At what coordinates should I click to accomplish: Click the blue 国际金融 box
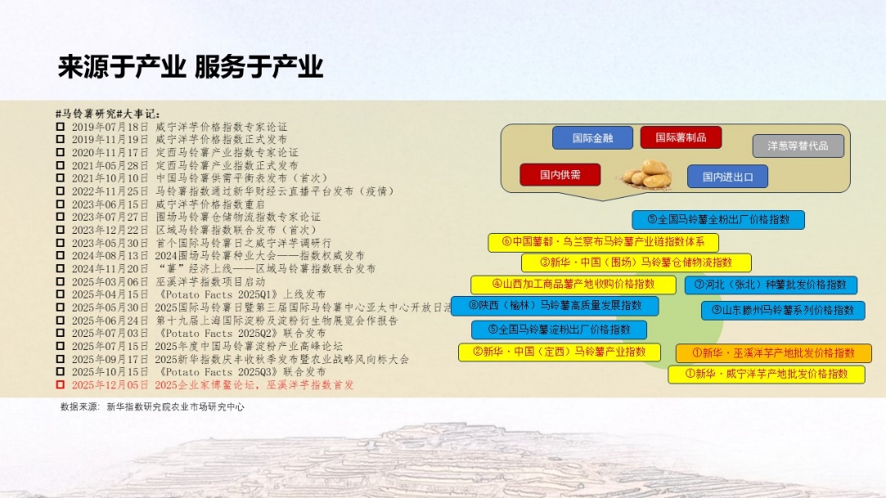click(x=592, y=137)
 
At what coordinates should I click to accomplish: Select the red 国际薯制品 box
click(x=681, y=137)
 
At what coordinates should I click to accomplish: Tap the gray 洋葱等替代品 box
click(x=798, y=146)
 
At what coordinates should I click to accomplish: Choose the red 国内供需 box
click(x=560, y=174)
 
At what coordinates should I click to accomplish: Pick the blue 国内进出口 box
click(x=727, y=177)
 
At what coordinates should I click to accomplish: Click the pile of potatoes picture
click(x=645, y=174)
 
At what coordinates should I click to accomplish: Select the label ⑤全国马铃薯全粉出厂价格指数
click(x=718, y=220)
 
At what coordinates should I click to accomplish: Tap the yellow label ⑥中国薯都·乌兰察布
click(x=604, y=242)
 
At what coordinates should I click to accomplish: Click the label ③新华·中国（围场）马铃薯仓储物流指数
click(x=636, y=262)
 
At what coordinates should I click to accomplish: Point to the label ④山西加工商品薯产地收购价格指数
click(x=573, y=285)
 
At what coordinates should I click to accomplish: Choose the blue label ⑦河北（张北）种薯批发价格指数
click(x=771, y=285)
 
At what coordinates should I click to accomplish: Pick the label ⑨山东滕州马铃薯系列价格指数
click(x=783, y=310)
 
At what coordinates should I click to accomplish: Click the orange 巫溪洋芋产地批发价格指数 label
click(x=774, y=353)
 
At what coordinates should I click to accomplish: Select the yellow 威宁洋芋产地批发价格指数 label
click(x=767, y=375)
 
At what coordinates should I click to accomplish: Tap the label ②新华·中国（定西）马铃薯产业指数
click(x=560, y=352)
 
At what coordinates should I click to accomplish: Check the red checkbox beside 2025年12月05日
click(x=60, y=384)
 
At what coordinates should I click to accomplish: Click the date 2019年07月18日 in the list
click(x=110, y=127)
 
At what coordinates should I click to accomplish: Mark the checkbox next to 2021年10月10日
click(x=60, y=178)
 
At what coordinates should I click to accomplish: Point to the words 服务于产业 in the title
click(x=259, y=66)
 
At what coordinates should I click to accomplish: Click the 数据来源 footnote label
click(x=79, y=406)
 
